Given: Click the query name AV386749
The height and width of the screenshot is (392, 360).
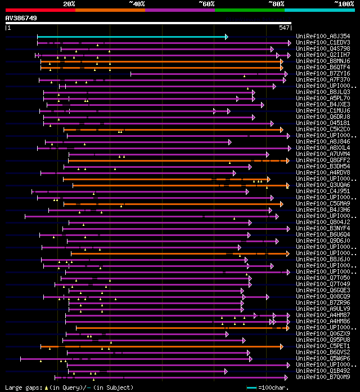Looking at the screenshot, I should pos(21,18).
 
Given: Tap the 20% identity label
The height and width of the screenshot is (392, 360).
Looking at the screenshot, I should pos(69,3).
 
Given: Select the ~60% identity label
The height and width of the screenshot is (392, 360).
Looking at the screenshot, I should pos(206,3).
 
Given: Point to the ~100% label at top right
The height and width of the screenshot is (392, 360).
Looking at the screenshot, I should pos(344,3).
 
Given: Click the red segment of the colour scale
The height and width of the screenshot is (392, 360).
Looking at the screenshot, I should pos(40,10).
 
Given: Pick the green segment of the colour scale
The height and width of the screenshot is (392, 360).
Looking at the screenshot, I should pos(249,10).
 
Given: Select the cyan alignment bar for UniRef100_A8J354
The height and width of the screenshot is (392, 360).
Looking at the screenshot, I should pos(132,37).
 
